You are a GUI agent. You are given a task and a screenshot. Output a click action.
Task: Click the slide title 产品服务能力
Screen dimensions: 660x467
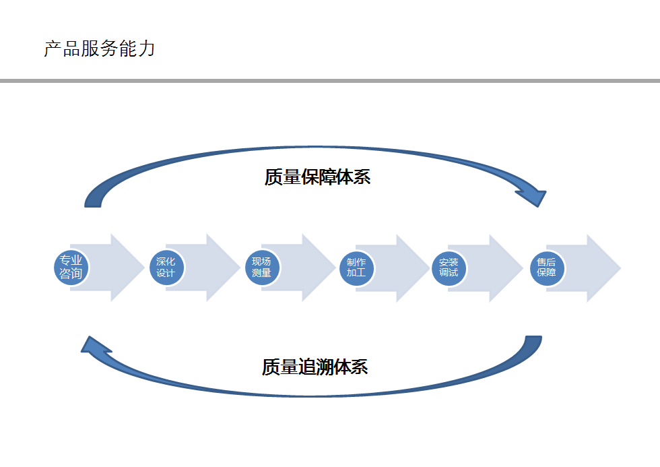pos(100,49)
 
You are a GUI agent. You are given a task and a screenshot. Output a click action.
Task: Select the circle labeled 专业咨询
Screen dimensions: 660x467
pos(71,268)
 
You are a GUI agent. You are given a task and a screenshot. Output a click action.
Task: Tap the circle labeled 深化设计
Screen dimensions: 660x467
pos(166,268)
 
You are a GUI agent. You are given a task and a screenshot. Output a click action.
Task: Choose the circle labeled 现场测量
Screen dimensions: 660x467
pos(262,268)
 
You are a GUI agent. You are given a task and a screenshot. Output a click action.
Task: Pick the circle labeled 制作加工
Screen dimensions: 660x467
pos(356,268)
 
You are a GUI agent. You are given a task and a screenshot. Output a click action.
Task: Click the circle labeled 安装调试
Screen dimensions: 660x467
pos(449,268)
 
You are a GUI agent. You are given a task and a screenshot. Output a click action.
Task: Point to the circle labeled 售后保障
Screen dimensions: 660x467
pos(547,268)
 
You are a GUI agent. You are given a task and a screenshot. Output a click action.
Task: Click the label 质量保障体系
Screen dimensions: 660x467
pos(317,177)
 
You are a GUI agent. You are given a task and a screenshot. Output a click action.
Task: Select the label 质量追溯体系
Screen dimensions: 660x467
pos(315,367)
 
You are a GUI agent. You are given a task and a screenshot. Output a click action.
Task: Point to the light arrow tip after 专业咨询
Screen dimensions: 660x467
pos(144,268)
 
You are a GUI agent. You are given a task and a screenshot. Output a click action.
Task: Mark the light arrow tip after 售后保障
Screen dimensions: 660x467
pos(620,268)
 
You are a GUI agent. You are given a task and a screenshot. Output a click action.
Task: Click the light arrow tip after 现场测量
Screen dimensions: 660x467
pos(335,268)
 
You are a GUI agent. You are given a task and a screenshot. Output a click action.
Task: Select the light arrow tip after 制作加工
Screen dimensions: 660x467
pos(430,268)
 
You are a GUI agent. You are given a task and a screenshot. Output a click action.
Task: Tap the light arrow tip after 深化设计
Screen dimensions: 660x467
pos(240,268)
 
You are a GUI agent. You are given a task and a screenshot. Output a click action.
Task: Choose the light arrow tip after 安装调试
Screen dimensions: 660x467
pos(523,268)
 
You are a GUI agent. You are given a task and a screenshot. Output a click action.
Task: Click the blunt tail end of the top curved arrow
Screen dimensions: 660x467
pos(93,206)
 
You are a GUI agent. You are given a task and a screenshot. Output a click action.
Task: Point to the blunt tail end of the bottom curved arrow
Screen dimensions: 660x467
pos(533,336)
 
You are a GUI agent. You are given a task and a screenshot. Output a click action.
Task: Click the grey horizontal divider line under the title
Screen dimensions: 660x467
pos(330,81)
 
